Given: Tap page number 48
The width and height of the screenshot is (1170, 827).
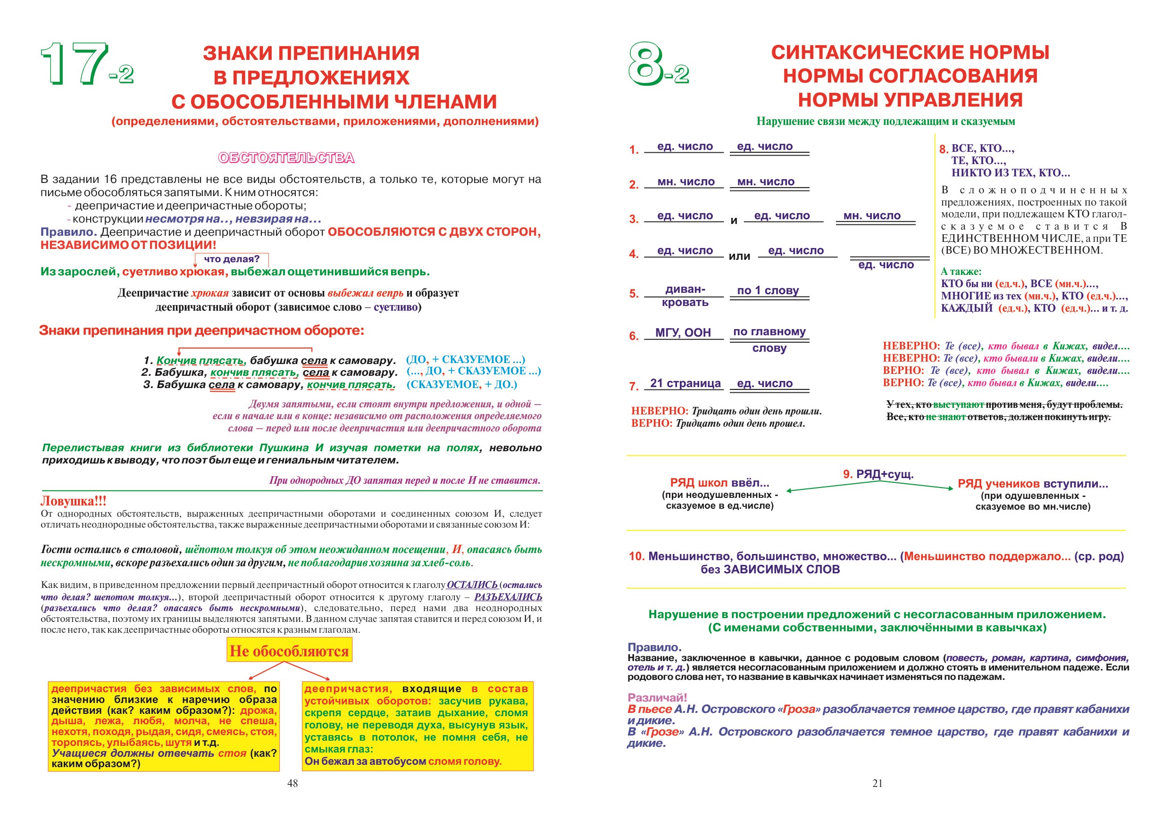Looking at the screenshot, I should click(292, 783).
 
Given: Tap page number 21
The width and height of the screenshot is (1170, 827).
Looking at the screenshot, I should click(877, 783).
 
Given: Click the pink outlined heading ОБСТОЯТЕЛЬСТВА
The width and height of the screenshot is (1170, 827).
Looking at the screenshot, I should click(286, 158).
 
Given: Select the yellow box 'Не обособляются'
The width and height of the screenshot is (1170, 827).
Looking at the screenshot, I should click(289, 651).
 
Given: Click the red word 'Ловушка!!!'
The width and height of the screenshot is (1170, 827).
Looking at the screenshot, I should click(74, 501).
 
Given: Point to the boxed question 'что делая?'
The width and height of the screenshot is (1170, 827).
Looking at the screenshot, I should click(232, 259).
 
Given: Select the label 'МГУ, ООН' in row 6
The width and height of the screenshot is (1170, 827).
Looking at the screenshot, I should click(683, 332).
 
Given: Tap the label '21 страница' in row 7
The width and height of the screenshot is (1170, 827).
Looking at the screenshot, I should click(685, 383).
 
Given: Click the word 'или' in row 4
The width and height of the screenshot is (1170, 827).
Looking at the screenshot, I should click(739, 256).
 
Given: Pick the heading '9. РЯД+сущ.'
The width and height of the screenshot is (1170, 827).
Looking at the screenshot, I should click(878, 474).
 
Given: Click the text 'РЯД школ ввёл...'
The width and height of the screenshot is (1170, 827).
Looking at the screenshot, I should click(719, 483).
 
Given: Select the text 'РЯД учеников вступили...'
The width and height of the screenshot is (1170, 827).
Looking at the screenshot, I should click(1032, 484).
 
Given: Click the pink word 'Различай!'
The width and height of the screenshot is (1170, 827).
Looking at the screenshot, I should click(657, 698).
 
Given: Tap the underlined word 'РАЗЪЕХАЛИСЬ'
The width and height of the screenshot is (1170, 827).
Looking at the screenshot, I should click(508, 597).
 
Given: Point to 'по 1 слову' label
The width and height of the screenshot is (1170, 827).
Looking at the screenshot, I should click(768, 290).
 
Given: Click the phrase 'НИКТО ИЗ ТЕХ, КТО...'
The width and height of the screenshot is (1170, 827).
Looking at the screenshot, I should click(1011, 173).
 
